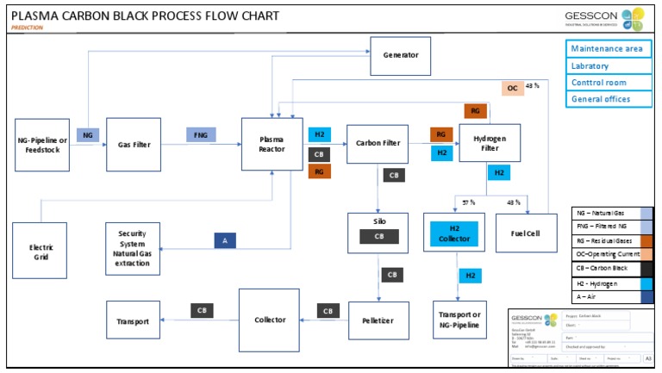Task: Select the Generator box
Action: point(400,55)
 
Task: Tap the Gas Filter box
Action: point(134,144)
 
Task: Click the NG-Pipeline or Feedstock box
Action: point(42,144)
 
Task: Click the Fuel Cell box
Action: point(523,233)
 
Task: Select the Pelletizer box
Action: point(378,320)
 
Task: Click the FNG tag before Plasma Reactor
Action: point(200,134)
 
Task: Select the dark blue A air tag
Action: point(225,242)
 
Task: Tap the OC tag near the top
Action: point(512,88)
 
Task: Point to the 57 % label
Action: point(469,202)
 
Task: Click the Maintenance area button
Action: point(606,49)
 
